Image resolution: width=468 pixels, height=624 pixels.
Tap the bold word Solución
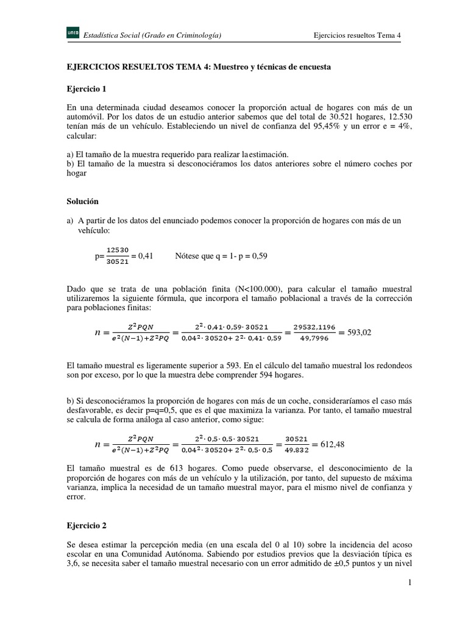pyautogui.click(x=82, y=200)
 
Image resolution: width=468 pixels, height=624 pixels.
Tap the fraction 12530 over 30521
pyautogui.click(x=116, y=257)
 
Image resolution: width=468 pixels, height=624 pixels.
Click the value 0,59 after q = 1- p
pyautogui.click(x=258, y=257)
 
